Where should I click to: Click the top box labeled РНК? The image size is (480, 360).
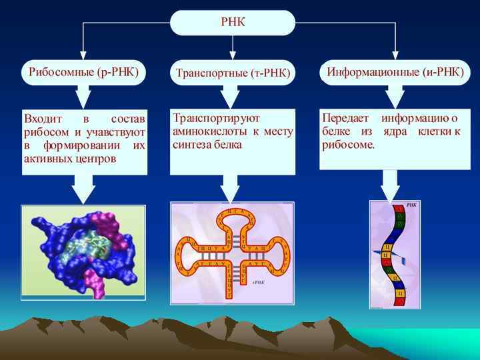click(233, 22)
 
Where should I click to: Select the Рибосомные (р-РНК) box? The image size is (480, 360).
click(84, 71)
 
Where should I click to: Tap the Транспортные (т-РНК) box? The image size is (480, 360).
click(233, 73)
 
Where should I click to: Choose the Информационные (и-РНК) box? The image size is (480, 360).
click(395, 71)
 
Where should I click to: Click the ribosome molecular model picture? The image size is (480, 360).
click(83, 251)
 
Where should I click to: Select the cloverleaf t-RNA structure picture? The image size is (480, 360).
click(232, 253)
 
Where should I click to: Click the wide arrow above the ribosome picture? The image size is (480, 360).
click(84, 189)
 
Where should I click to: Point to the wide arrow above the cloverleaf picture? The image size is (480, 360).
click(230, 188)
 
